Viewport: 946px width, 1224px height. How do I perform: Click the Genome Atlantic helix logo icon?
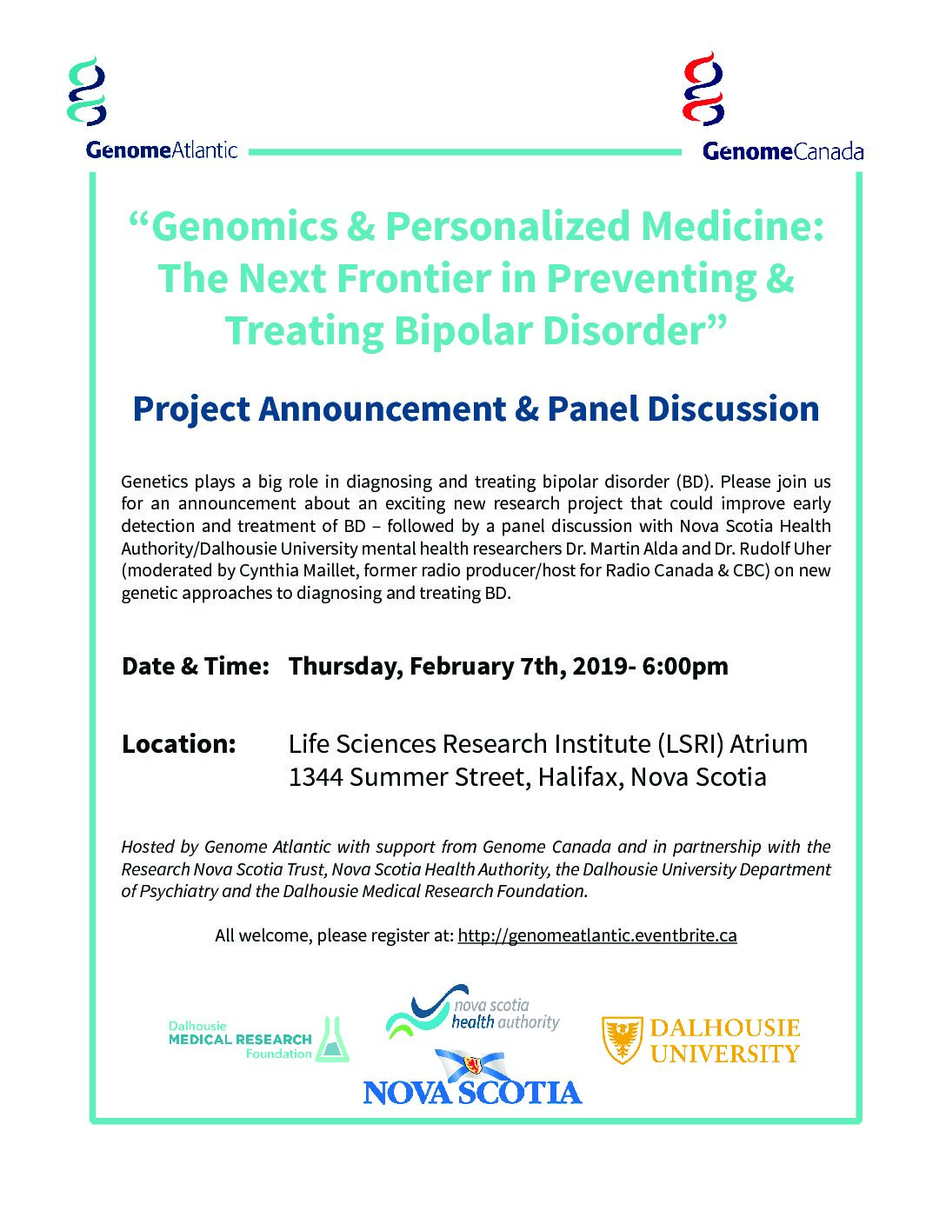click(x=87, y=90)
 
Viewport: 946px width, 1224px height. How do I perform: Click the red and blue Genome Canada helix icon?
click(x=703, y=88)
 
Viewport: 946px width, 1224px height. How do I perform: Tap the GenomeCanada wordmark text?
click(x=783, y=151)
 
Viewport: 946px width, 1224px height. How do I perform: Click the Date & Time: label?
click(x=195, y=666)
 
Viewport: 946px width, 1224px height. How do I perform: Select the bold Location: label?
click(x=178, y=743)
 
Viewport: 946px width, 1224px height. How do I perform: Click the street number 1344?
click(x=316, y=777)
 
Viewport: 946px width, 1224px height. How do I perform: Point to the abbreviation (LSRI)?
click(x=690, y=744)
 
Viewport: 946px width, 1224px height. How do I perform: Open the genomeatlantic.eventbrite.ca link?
click(x=597, y=935)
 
